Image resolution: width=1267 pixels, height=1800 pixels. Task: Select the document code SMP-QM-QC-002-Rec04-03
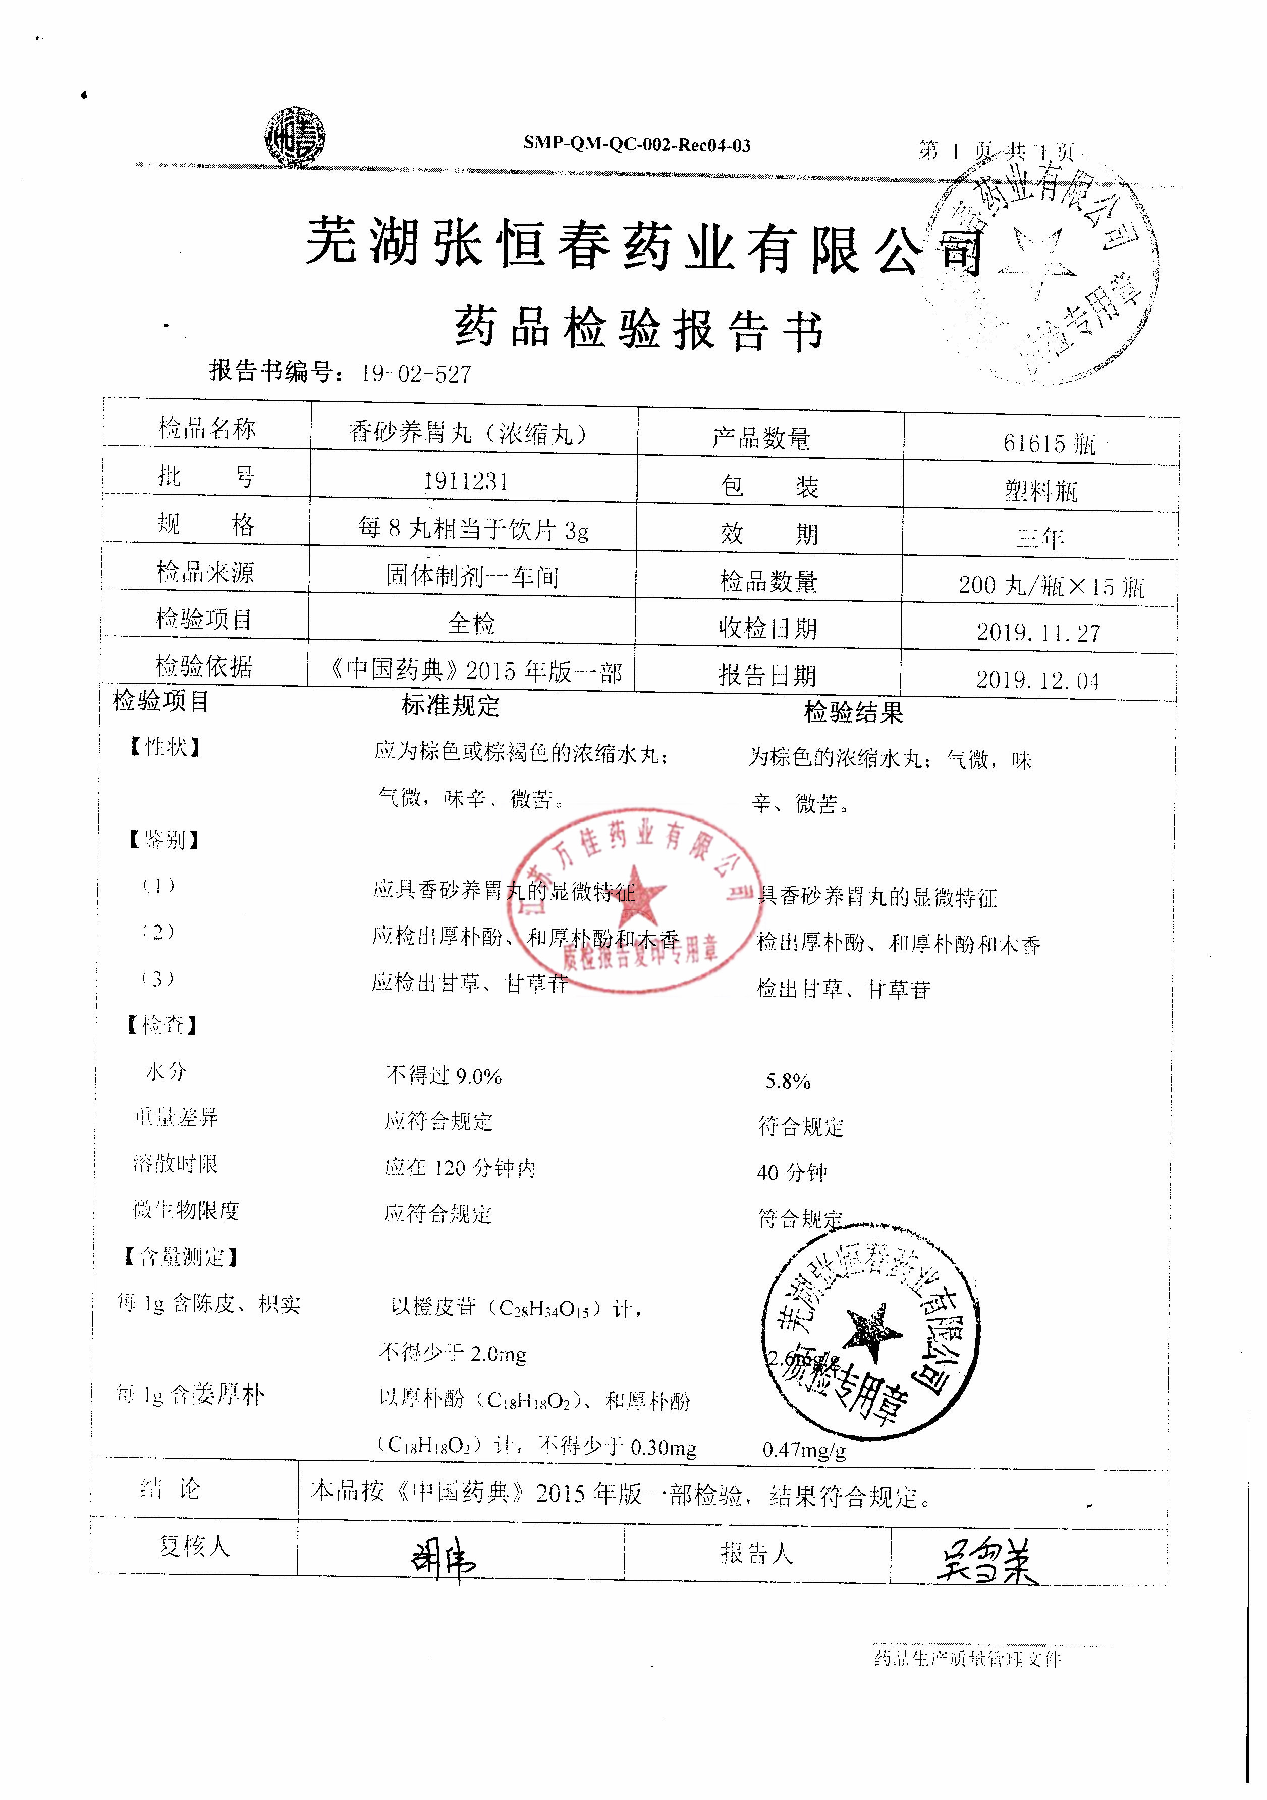pyautogui.click(x=636, y=145)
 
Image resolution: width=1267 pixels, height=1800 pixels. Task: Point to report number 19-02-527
pyautogui.click(x=416, y=374)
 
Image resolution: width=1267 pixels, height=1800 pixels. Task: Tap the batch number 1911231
pyautogui.click(x=466, y=481)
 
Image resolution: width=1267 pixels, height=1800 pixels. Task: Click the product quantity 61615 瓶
pyautogui.click(x=1049, y=444)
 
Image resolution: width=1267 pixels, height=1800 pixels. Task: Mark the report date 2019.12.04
pyautogui.click(x=1037, y=680)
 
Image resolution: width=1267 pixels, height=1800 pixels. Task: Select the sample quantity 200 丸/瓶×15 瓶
pyautogui.click(x=1051, y=586)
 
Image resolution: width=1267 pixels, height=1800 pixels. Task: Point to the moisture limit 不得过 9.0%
pyautogui.click(x=444, y=1075)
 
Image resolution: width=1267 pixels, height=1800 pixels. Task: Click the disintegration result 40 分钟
pyautogui.click(x=791, y=1173)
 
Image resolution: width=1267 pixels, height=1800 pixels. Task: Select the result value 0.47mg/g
pyautogui.click(x=804, y=1450)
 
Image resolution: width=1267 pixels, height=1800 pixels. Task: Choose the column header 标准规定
pyautogui.click(x=450, y=705)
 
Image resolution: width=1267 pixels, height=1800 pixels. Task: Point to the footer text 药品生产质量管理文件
pyautogui.click(x=966, y=1658)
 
